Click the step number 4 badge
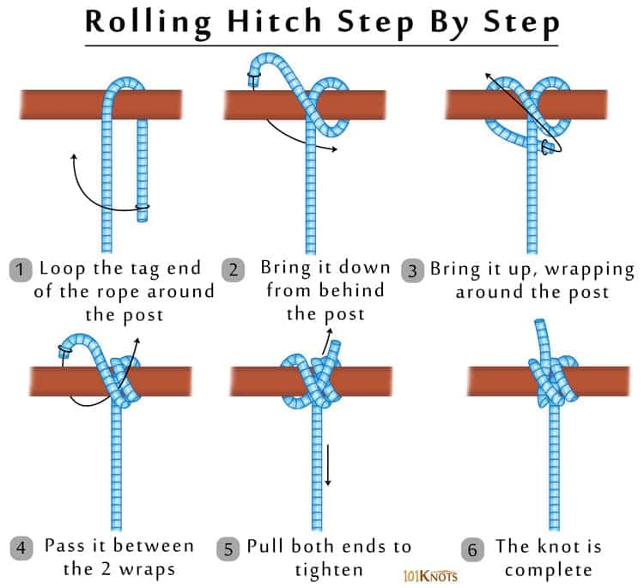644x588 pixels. pos(20,547)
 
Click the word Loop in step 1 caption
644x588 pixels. pos(61,268)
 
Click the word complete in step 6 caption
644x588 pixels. pos(548,569)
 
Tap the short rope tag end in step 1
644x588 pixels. pos(142,172)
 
